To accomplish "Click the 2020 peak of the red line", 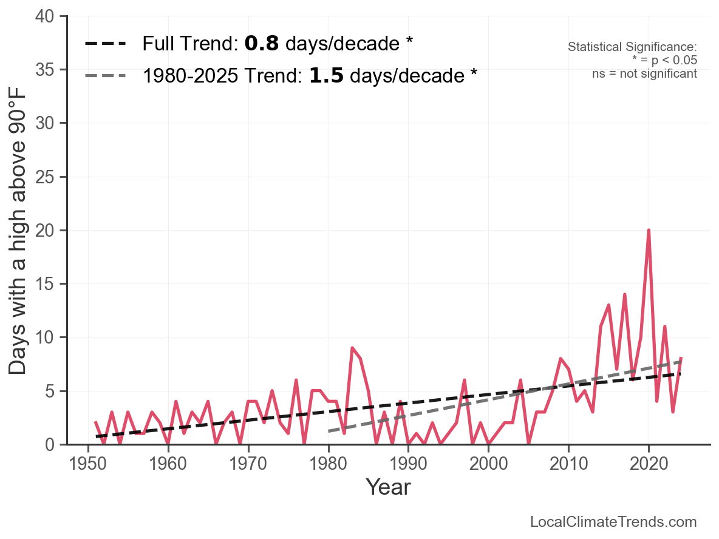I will [x=649, y=231].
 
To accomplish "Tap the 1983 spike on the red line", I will [x=352, y=348].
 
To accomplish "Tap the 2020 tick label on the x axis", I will [x=649, y=464].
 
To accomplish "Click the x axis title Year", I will [x=388, y=487].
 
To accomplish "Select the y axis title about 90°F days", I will [x=18, y=231].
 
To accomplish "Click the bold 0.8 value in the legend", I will [x=261, y=44].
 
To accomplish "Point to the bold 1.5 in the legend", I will [x=326, y=76].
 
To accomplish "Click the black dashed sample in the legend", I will [x=106, y=44].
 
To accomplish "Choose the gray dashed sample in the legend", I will [x=106, y=76].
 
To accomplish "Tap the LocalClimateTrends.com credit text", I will [x=613, y=522].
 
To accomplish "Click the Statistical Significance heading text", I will [x=632, y=47].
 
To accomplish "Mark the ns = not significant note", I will [x=644, y=73].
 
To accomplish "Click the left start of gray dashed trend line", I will [x=329, y=431].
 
